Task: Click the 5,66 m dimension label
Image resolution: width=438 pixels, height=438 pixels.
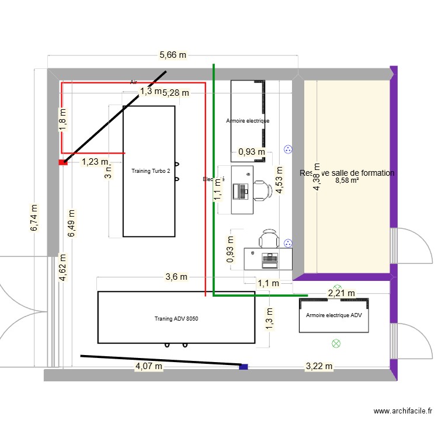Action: coord(173,55)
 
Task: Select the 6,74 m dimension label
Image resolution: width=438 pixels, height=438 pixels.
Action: coord(34,218)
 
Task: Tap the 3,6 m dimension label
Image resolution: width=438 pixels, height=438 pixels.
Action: coord(176,277)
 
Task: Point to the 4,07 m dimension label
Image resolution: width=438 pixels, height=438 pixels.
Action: coord(148,367)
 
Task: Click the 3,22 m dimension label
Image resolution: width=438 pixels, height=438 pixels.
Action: coord(319,367)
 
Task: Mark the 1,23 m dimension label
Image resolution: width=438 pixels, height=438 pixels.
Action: coord(95,162)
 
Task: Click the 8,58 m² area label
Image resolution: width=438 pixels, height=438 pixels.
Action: coord(347,181)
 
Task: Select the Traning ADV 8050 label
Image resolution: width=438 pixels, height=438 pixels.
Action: coord(177,319)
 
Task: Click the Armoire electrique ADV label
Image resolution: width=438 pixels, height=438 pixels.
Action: coord(334,315)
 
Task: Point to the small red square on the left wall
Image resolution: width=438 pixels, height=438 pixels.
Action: coord(62,163)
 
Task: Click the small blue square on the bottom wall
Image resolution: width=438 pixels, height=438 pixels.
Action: coord(244,367)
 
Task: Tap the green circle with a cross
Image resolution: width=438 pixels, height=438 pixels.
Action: coord(336,343)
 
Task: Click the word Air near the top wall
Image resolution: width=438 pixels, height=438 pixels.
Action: coord(133,83)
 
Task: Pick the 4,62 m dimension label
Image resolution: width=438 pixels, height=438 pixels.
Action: coord(63,268)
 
